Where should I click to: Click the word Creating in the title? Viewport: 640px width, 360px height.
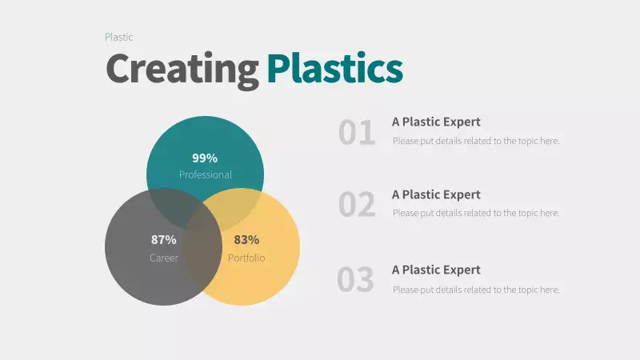[182, 69]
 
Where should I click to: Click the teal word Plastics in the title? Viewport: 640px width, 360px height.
[334, 69]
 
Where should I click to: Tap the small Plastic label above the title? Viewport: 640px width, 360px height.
[118, 37]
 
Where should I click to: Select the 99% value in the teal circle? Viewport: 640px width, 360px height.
[205, 158]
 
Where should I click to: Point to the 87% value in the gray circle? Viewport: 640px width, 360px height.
[163, 239]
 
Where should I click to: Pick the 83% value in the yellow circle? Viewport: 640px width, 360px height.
[246, 239]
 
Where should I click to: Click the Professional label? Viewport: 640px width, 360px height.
[205, 174]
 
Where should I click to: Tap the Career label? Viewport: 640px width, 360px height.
[163, 258]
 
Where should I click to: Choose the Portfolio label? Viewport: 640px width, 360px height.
[246, 258]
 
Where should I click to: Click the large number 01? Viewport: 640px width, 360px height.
[357, 133]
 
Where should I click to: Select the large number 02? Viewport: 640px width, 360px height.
[357, 205]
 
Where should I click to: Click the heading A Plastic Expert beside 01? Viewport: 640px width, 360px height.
[436, 122]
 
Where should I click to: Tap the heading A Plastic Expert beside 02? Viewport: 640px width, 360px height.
[436, 194]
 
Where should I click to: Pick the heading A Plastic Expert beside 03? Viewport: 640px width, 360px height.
[436, 270]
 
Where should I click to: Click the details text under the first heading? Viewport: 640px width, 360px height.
[476, 141]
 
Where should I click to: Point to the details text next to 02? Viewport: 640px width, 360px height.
[476, 213]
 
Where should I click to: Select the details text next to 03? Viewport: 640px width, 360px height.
[476, 290]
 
